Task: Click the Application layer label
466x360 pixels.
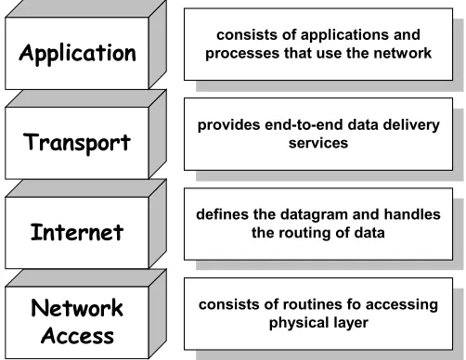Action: [77, 54]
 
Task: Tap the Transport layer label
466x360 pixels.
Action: [77, 143]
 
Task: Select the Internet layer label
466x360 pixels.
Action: [77, 232]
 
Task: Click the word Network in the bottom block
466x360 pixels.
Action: [77, 308]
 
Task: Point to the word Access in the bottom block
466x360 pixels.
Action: [77, 336]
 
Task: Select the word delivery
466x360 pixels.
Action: [411, 125]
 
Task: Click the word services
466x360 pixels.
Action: [318, 143]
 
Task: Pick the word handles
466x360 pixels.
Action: [412, 214]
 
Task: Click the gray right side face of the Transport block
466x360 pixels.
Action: [158, 134]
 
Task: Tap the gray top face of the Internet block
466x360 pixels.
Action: [86, 188]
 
